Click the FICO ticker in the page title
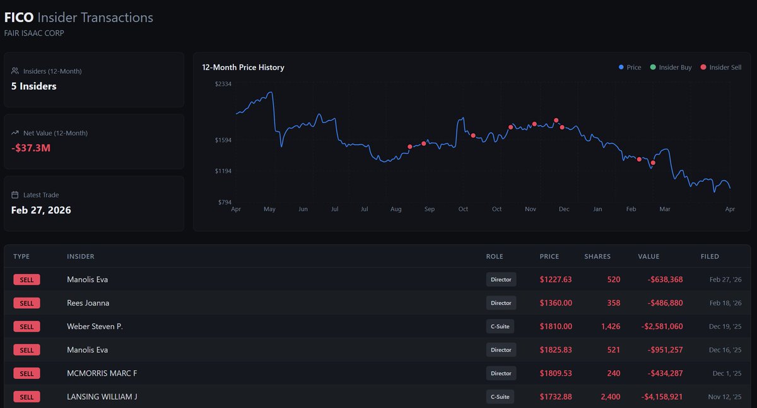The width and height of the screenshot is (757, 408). (19, 18)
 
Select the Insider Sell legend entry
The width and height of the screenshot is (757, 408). (721, 68)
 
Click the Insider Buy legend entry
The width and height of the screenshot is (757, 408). (671, 68)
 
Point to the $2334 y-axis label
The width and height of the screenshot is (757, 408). (223, 84)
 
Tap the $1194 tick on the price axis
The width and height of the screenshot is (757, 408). (223, 171)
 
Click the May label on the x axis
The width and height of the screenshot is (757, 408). (269, 209)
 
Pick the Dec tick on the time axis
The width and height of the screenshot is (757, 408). (564, 209)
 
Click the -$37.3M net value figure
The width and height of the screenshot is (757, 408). (31, 148)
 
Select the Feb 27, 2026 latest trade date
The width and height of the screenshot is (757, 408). (41, 210)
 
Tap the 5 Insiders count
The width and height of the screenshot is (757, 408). (34, 87)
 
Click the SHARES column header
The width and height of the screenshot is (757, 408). (597, 256)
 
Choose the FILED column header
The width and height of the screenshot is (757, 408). (710, 256)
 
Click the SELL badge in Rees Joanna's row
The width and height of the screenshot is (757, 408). (26, 303)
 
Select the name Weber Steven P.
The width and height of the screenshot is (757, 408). (95, 327)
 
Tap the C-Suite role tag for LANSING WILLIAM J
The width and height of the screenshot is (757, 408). (500, 397)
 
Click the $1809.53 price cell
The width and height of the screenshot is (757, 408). (556, 373)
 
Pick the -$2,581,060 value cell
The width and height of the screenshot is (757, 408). (662, 327)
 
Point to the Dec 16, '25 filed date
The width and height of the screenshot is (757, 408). (725, 350)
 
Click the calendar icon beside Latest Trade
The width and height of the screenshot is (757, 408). (15, 195)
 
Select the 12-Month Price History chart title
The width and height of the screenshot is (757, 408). (243, 68)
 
